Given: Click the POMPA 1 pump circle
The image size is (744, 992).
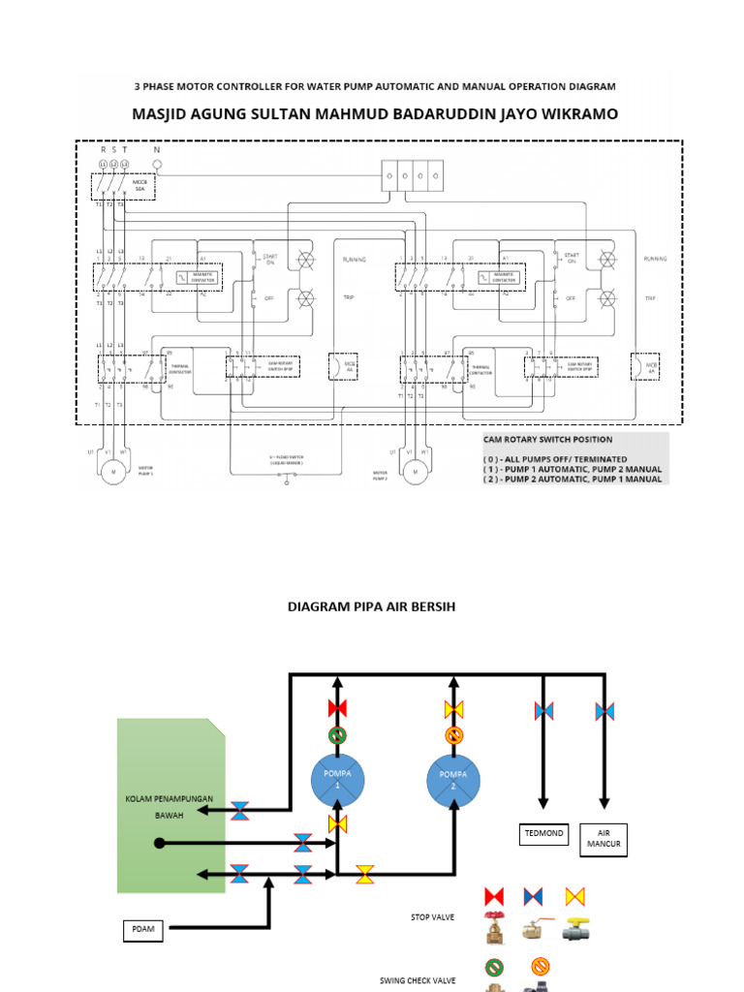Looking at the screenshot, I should click(337, 781).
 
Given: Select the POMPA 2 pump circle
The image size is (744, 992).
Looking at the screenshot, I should click(453, 781).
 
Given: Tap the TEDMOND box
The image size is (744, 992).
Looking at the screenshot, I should click(543, 833).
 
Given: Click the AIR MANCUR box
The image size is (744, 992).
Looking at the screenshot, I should click(604, 839).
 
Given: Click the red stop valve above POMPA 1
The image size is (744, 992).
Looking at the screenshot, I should click(337, 708).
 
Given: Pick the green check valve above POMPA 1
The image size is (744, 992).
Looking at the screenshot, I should click(337, 735).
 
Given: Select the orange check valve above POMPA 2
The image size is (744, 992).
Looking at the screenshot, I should click(453, 735).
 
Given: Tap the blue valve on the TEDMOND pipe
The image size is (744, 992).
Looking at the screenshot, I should click(543, 711).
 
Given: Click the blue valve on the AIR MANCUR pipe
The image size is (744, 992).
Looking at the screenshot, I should click(604, 711).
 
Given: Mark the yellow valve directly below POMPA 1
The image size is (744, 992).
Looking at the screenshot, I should click(337, 824).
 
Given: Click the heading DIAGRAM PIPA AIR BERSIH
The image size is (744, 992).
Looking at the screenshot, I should click(371, 606).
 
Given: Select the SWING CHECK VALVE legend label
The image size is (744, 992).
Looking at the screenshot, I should click(418, 980).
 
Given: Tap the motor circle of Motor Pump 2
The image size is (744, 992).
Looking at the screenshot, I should click(415, 471).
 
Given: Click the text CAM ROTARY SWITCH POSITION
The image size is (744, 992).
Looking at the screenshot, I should click(547, 440).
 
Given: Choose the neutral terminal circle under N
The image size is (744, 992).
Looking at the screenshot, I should click(157, 166).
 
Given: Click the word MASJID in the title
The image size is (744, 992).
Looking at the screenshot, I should click(164, 114).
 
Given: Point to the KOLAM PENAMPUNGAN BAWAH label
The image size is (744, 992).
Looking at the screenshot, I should click(169, 806).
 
